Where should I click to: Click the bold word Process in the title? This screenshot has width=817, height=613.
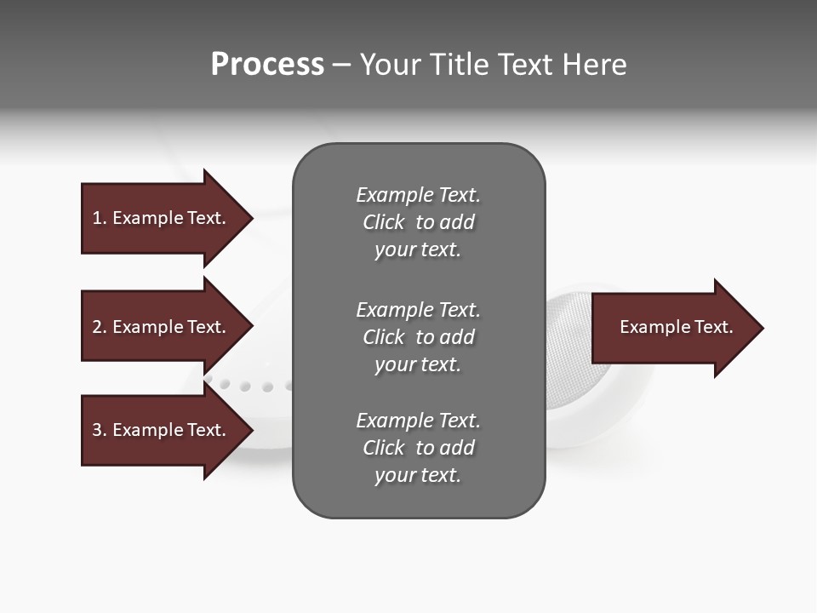(267, 65)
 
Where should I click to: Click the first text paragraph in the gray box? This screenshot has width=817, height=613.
(418, 222)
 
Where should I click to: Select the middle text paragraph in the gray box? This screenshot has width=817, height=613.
(418, 337)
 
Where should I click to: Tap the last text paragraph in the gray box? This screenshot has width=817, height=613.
(418, 448)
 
